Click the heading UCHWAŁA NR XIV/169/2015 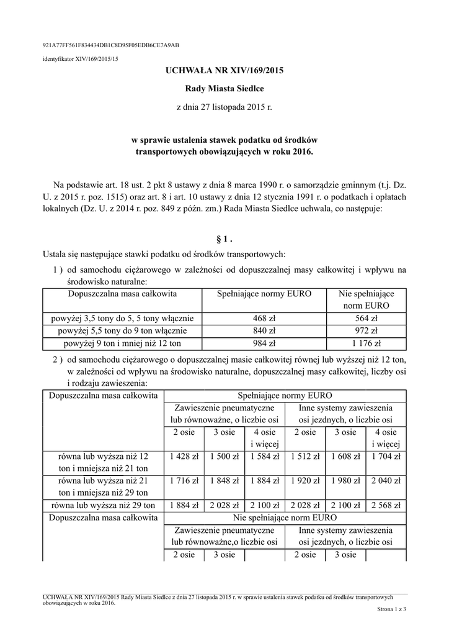click(225, 71)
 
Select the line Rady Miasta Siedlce click(225, 89)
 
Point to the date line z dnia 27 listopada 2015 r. click(225, 107)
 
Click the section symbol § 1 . click(225, 238)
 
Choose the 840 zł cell click(264, 330)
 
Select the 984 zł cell click(264, 342)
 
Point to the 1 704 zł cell click(385, 457)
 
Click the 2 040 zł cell click(385, 481)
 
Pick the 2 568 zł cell click(385, 505)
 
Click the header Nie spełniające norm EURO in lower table click(285, 517)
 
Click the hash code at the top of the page click(110, 46)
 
